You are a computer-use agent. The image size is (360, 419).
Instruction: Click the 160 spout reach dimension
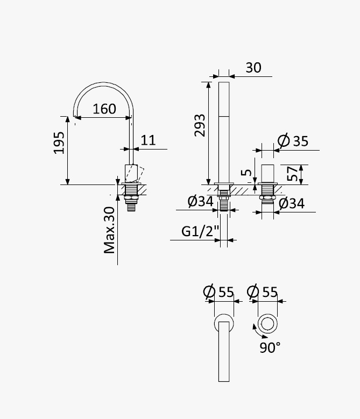[x=104, y=109]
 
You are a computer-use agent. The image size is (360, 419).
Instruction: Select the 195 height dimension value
[x=59, y=143]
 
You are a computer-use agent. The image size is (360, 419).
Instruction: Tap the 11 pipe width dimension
[x=148, y=140]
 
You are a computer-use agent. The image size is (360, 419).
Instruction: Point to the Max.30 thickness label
[x=109, y=230]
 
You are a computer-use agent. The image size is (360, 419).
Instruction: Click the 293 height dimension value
[x=200, y=125]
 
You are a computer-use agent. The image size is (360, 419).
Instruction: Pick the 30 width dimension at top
[x=253, y=68]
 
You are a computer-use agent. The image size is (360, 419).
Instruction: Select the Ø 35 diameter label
[x=293, y=140]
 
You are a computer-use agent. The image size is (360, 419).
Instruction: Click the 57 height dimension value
[x=292, y=173]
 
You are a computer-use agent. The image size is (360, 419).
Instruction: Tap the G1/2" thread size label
[x=200, y=231]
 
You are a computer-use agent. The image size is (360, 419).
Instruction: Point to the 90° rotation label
[x=270, y=347]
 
